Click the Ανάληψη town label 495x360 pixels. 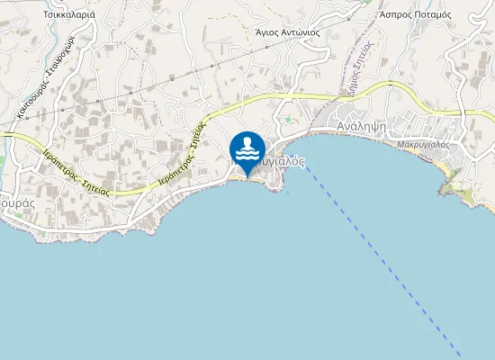click(361, 127)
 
